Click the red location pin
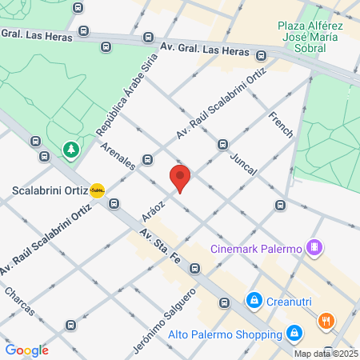(x=180, y=178)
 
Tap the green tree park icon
(x=71, y=150)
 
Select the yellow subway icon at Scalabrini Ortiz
(x=98, y=190)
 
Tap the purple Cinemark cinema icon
(x=315, y=247)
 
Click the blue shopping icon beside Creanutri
(x=254, y=301)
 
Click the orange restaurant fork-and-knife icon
(x=326, y=322)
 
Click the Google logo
(x=27, y=350)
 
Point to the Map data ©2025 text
(x=326, y=354)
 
